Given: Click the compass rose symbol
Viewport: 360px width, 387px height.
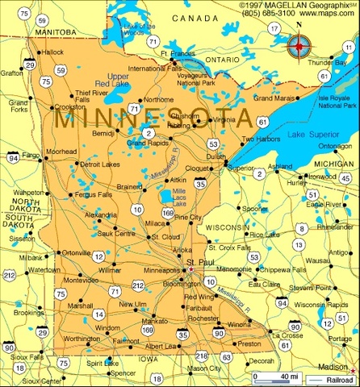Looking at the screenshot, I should click(x=299, y=47).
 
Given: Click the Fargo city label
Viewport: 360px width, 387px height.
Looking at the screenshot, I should click(x=31, y=154).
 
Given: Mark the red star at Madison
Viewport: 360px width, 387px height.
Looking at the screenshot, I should click(x=353, y=369).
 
